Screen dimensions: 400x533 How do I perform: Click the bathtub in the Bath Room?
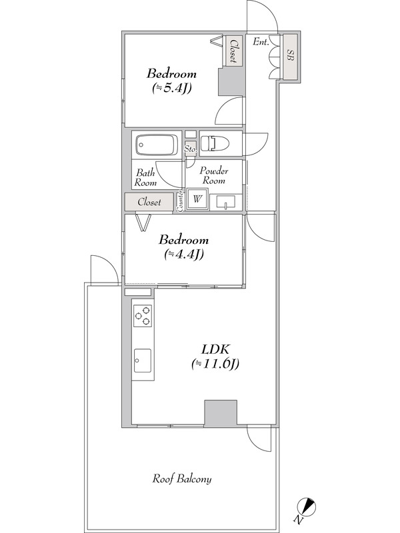coord(157,145)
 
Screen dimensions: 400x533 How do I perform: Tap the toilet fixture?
coord(213,143)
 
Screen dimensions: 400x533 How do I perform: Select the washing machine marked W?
coord(197,199)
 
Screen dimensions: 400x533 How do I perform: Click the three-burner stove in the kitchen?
coord(143,315)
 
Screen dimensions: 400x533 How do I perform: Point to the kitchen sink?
coord(143,360)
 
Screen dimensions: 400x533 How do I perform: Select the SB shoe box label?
coord(290,55)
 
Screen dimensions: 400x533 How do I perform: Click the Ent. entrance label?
coord(261,42)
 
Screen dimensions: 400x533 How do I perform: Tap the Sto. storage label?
coord(191,149)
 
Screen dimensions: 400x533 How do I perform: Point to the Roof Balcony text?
coord(181,479)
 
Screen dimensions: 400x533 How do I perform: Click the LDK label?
coord(216,349)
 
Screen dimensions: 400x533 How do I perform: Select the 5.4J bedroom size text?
coord(171,88)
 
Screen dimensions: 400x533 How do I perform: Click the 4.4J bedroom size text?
coord(184,254)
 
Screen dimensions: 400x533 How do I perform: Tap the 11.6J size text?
coord(215,364)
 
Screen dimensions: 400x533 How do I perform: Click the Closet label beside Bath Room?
coord(149,202)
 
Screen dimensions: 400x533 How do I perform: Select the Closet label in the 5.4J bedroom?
coord(234,51)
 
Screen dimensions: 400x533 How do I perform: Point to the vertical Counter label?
coord(180,201)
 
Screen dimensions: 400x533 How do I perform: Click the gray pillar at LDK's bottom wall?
coord(221,412)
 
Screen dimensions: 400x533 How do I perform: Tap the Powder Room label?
coord(214,175)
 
